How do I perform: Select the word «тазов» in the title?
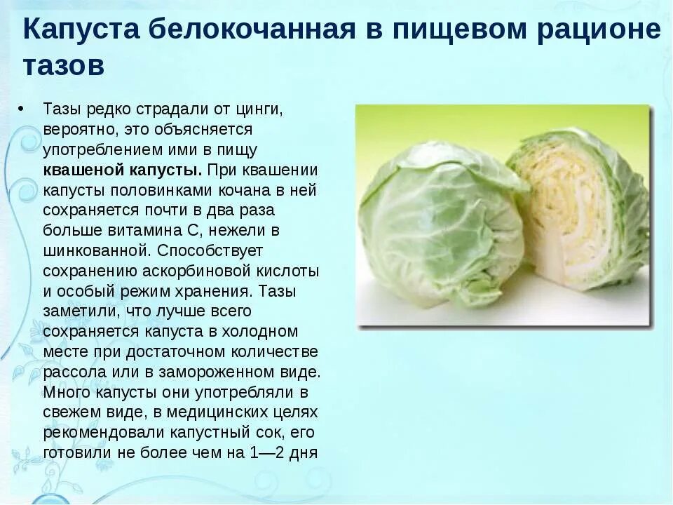64,65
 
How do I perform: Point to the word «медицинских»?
198,412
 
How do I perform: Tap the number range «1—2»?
269,452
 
